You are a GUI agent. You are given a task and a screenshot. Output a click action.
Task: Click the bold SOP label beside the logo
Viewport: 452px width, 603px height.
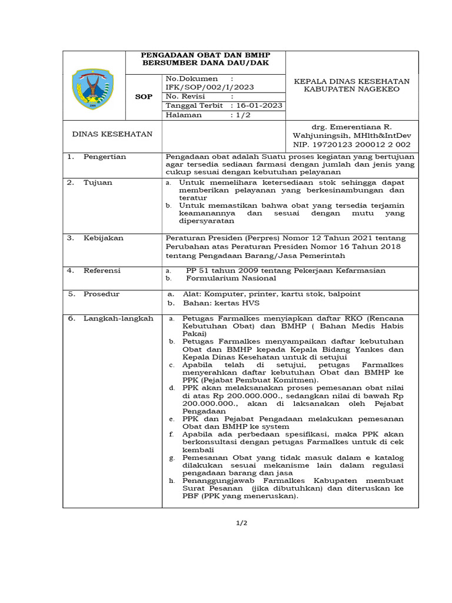(144, 97)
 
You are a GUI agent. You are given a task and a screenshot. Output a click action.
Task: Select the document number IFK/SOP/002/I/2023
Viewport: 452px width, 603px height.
(210, 87)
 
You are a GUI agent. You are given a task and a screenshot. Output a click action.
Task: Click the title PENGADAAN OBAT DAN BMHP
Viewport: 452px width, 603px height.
(205, 55)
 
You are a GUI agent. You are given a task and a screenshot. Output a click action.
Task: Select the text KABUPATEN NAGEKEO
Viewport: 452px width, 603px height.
(351, 90)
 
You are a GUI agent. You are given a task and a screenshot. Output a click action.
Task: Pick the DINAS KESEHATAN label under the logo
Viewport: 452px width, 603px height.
(112, 134)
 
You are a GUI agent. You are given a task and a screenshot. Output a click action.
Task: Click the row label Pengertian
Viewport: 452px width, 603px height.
(104, 157)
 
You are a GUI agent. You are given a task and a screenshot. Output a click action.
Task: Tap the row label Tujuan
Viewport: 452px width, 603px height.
(98, 183)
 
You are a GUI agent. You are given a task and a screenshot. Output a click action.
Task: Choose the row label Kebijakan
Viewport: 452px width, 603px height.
(103, 238)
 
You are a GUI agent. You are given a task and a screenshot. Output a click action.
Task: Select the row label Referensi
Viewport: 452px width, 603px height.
(102, 270)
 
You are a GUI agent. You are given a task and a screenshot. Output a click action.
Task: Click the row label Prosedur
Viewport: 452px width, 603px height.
(101, 293)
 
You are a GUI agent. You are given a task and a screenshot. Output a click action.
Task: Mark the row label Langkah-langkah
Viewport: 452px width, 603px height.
(118, 318)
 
